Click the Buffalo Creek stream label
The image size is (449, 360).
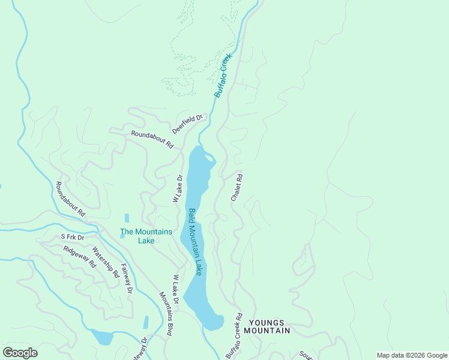pyautogui.click(x=223, y=76)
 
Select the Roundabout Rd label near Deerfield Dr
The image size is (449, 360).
pyautogui.click(x=152, y=140)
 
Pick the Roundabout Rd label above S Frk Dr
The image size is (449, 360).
pyautogui.click(x=70, y=199)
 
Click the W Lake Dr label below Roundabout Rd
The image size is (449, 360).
pyautogui.click(x=178, y=188)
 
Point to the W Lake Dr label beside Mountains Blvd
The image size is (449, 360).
pyautogui.click(x=176, y=293)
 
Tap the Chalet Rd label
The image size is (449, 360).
pyautogui.click(x=237, y=188)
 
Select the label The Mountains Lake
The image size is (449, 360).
pyautogui.click(x=146, y=236)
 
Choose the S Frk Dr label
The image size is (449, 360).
pyautogui.click(x=74, y=238)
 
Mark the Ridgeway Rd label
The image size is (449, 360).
pyautogui.click(x=80, y=256)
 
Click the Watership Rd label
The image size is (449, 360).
pyautogui.click(x=106, y=265)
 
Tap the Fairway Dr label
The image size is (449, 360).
pyautogui.click(x=126, y=278)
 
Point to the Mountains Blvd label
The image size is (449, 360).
pyautogui.click(x=166, y=314)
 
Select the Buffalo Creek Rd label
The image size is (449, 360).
pyautogui.click(x=234, y=336)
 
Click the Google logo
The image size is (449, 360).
pyautogui.click(x=20, y=353)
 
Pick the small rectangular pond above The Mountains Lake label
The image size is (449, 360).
pyautogui.click(x=126, y=218)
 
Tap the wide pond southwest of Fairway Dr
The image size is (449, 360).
pyautogui.click(x=101, y=337)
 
